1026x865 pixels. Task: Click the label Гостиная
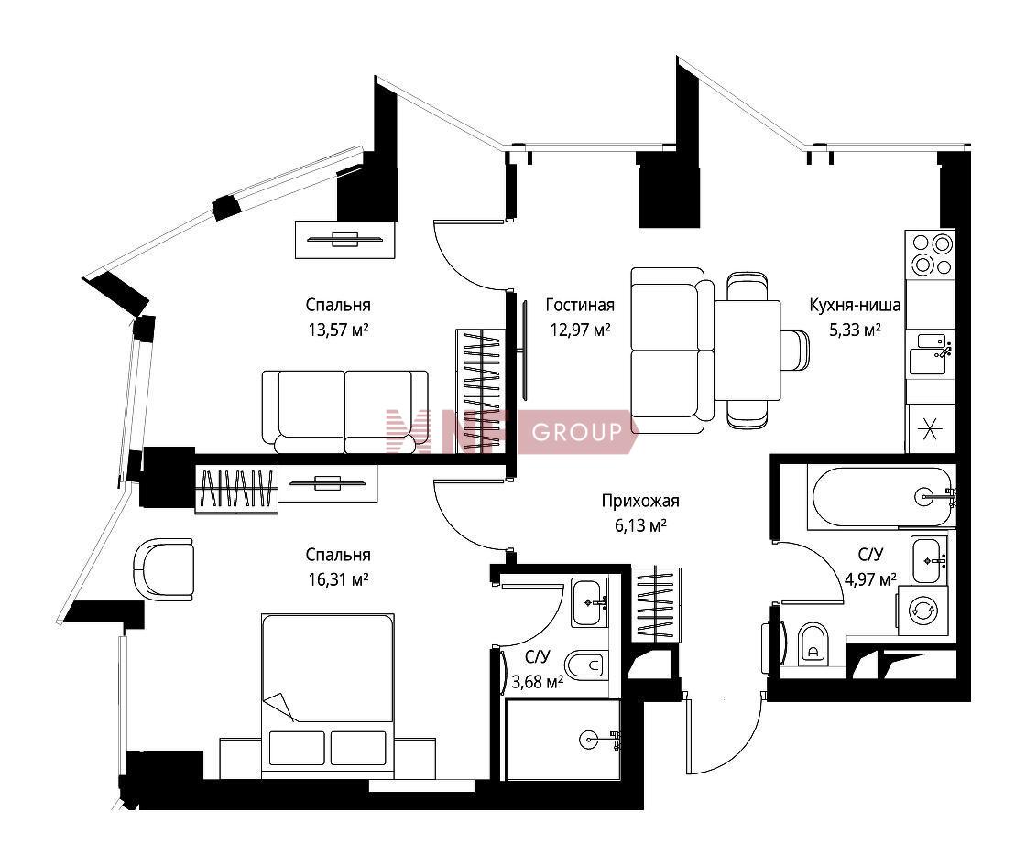click(x=580, y=306)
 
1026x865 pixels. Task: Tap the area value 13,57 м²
click(x=338, y=330)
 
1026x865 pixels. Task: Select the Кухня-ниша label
click(x=855, y=306)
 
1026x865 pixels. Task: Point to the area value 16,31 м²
click(x=338, y=579)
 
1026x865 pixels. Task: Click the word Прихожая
click(x=640, y=502)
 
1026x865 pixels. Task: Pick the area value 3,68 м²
click(x=537, y=682)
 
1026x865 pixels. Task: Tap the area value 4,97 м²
click(x=870, y=579)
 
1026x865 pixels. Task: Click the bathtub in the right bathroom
click(x=881, y=496)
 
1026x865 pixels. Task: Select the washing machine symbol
click(x=922, y=611)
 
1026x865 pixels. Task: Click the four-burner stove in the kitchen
click(x=930, y=254)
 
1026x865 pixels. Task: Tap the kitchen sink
click(x=929, y=353)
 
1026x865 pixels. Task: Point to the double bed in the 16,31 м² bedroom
click(x=328, y=696)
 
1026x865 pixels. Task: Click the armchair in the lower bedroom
click(x=164, y=568)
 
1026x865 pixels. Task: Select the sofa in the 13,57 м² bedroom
click(x=344, y=412)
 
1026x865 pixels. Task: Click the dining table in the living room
click(x=748, y=351)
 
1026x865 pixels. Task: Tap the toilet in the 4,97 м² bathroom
click(x=813, y=644)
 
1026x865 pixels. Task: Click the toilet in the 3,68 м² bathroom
click(x=585, y=666)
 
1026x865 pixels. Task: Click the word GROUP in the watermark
click(x=576, y=431)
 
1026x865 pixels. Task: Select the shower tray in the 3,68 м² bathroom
click(x=562, y=740)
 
